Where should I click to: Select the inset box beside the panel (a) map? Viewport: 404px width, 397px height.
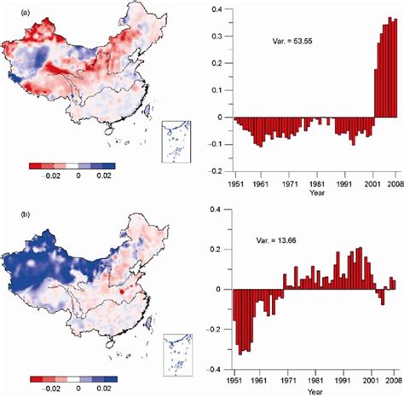(x=176, y=141)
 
